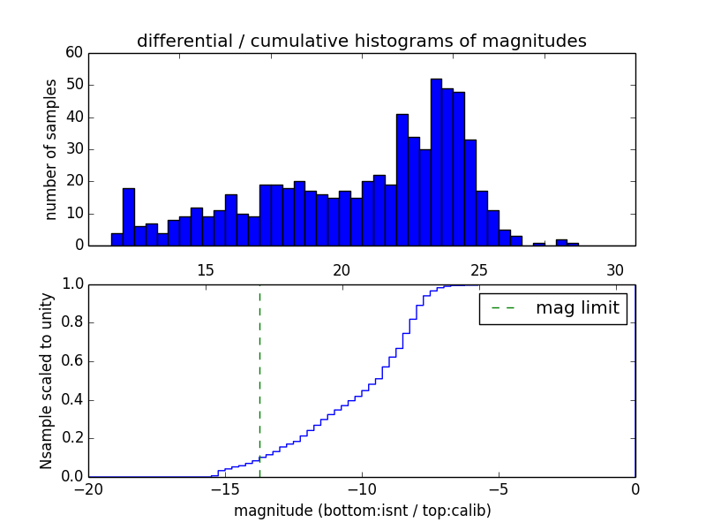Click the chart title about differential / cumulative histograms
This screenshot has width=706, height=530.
click(x=361, y=42)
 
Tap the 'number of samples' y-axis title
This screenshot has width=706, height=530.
click(x=51, y=149)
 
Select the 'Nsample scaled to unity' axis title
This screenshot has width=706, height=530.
click(x=46, y=381)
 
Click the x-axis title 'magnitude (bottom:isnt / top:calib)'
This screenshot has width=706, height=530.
click(x=362, y=511)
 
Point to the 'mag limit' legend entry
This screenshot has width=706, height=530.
click(x=553, y=308)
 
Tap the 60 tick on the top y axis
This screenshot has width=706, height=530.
click(x=74, y=53)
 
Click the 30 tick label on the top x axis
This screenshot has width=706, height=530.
click(x=615, y=270)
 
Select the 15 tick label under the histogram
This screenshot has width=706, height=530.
click(x=206, y=270)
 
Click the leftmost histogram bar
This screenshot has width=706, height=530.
click(x=116, y=239)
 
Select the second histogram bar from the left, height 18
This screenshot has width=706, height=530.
click(x=128, y=217)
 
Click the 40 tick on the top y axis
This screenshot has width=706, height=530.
click(x=74, y=117)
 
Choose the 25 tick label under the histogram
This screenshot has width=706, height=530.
click(x=478, y=270)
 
